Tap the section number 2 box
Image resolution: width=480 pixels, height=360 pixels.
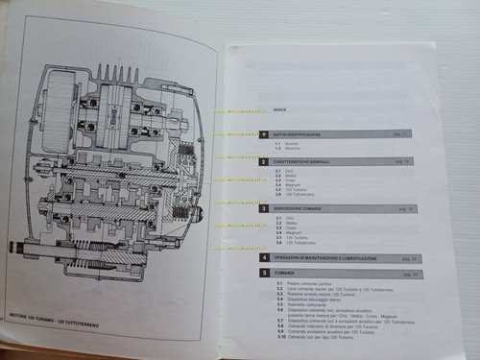click(x=264, y=161)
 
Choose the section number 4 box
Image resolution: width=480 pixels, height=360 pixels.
click(x=264, y=258)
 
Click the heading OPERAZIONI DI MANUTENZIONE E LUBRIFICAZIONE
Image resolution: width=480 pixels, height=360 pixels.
click(x=332, y=258)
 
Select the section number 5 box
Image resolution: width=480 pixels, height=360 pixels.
click(x=264, y=274)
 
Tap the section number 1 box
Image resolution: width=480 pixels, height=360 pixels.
click(x=264, y=135)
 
